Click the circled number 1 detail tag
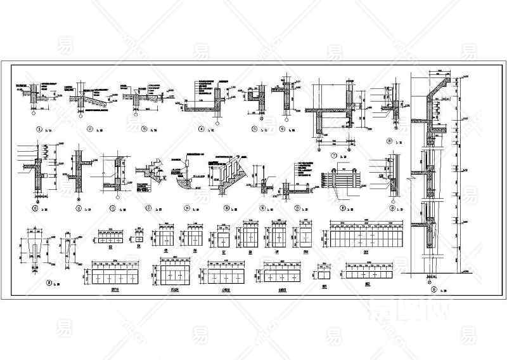click(39, 130)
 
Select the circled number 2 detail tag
click(91, 130)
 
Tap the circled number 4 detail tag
click(202, 130)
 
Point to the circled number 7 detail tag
click(333, 154)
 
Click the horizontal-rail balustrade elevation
click(342, 178)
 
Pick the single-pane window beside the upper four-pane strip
click(138, 237)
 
